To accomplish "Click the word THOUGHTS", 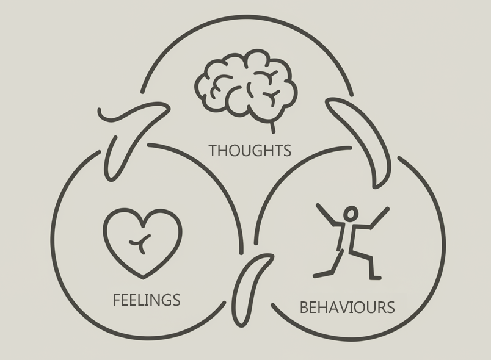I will click(x=250, y=150).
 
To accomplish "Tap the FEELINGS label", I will click(x=147, y=300).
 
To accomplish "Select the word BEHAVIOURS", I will click(x=347, y=307).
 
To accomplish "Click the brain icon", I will click(x=247, y=86).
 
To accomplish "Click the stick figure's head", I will click(x=351, y=214).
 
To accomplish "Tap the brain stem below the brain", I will click(x=272, y=127).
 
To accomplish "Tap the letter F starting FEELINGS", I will click(x=117, y=300).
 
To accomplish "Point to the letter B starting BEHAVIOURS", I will click(x=304, y=307).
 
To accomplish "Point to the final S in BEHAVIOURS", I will click(x=390, y=307).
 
